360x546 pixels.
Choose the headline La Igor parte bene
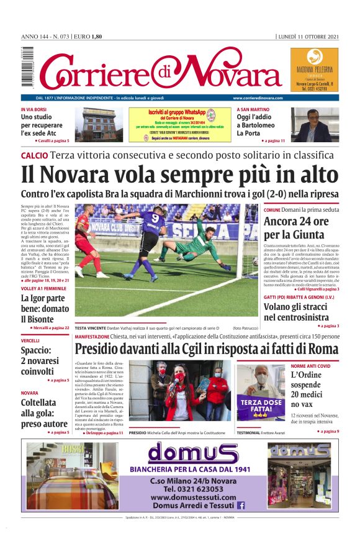click(x=42, y=308)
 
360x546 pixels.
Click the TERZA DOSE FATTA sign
click(x=261, y=407)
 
